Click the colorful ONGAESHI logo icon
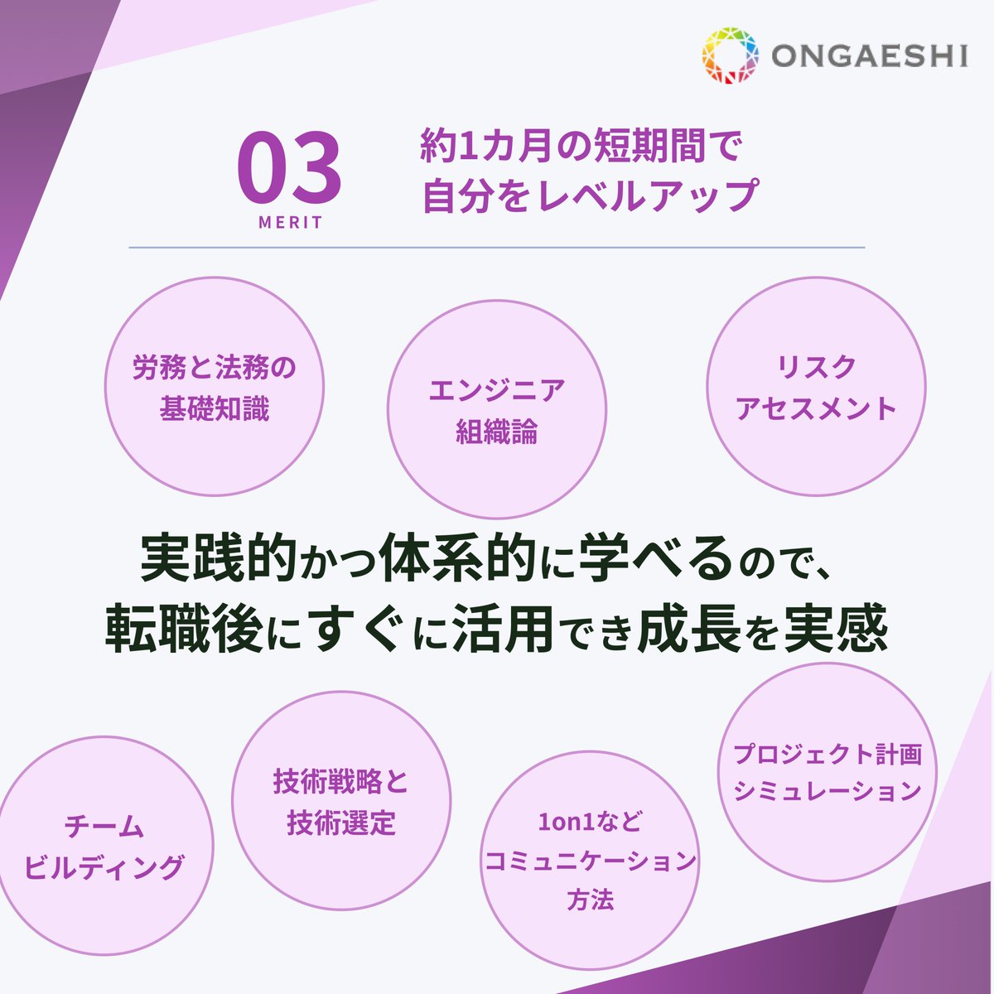pos(731,56)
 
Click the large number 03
pos(289,169)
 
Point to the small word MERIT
pos(290,223)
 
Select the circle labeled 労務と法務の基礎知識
pos(214,387)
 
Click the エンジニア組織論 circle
pos(497,410)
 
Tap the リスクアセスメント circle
pos(816,387)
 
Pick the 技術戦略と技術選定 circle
pos(341,801)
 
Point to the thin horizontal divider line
pos(497,247)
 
